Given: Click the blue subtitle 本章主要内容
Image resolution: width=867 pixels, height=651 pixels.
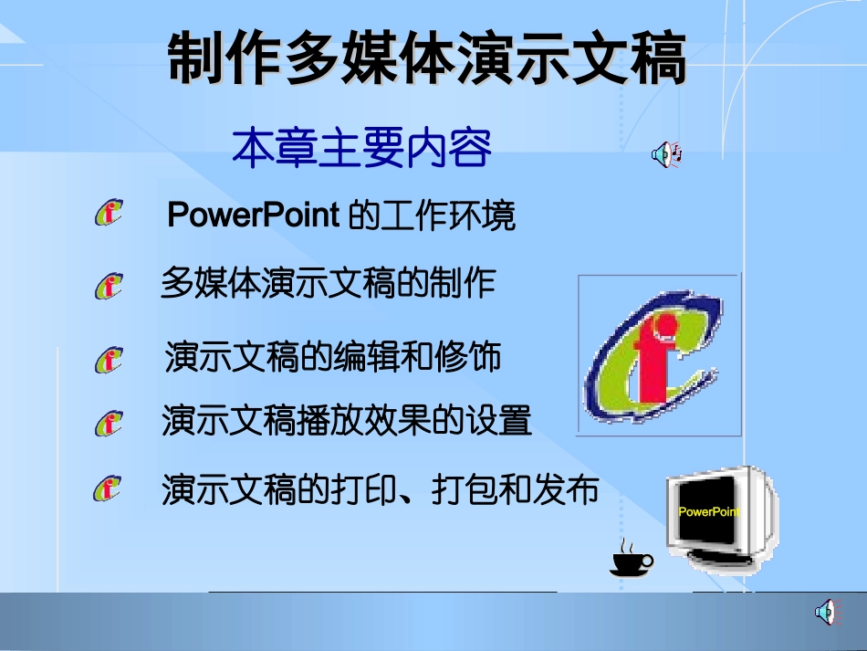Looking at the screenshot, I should click(361, 148).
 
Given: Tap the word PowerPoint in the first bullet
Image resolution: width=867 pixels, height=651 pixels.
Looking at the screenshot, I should click(254, 216).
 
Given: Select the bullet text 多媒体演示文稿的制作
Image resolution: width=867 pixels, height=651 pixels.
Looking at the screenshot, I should click(328, 283).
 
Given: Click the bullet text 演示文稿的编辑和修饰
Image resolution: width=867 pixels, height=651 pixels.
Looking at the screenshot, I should click(333, 357).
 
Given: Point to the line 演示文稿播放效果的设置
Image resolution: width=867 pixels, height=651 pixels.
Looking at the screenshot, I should click(347, 422).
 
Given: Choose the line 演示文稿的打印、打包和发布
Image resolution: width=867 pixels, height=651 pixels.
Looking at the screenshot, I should click(380, 490).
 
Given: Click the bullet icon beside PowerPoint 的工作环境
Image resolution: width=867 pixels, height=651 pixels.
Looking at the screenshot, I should click(108, 214).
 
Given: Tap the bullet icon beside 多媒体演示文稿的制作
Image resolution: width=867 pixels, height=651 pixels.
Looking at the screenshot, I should click(108, 286).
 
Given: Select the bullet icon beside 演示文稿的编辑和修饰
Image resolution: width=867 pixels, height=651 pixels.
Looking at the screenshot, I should click(108, 359).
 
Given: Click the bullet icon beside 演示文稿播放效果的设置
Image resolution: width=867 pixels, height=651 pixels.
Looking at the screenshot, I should click(108, 424).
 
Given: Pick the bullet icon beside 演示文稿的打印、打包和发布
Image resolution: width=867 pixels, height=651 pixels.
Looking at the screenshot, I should click(106, 489).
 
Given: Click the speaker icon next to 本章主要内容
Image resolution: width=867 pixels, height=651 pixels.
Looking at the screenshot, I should click(665, 155).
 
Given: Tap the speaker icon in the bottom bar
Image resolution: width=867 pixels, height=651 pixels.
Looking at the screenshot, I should click(825, 612).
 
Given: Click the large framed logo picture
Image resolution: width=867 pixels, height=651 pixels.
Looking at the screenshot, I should click(659, 355).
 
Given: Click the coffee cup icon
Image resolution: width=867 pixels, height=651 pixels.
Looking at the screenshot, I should click(632, 559).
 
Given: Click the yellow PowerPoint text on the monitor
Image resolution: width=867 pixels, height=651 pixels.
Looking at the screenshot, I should click(709, 512).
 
